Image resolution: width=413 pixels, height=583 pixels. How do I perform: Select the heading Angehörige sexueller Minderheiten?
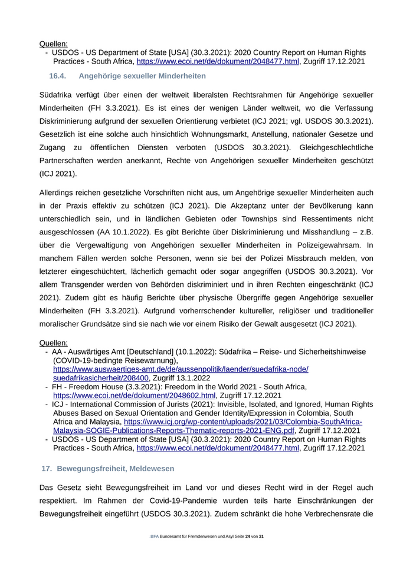(x=142, y=76)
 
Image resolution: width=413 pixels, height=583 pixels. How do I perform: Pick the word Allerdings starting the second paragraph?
(x=59, y=193)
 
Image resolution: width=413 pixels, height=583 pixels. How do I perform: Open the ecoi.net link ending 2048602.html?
(x=134, y=395)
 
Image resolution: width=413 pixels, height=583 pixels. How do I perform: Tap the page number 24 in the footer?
(x=248, y=536)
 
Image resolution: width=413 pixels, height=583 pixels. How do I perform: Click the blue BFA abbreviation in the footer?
(x=155, y=536)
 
